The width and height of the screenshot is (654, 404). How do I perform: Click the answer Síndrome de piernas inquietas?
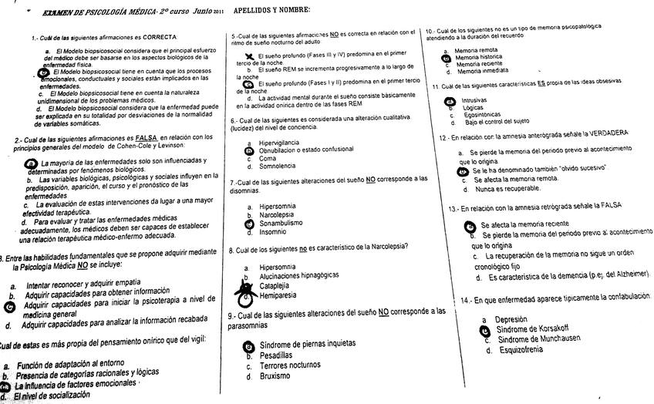point(308,344)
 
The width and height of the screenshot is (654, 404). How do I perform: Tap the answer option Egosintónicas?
point(482,115)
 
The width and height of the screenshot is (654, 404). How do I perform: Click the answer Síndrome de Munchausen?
point(539,339)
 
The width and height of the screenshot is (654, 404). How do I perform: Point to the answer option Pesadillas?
point(276,355)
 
